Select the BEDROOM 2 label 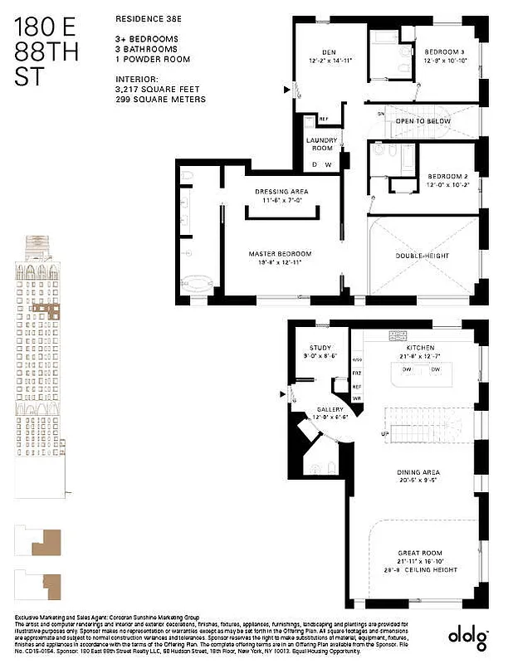pyautogui.click(x=449, y=176)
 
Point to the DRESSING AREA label pyautogui.click(x=281, y=192)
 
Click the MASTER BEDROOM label pyautogui.click(x=280, y=253)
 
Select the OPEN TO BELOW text pyautogui.click(x=423, y=121)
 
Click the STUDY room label pyautogui.click(x=320, y=348)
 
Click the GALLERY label pyautogui.click(x=330, y=409)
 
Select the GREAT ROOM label pyautogui.click(x=419, y=553)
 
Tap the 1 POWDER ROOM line pyautogui.click(x=153, y=59)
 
